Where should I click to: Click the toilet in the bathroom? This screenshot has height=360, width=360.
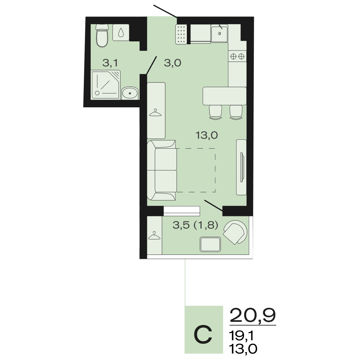[102, 35]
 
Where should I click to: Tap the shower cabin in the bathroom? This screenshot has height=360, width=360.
[106, 85]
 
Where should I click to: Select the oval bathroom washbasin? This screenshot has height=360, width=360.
[130, 93]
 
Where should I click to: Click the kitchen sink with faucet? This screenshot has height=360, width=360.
[219, 33]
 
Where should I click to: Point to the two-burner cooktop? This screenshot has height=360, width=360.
[237, 56]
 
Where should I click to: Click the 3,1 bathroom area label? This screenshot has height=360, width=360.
[110, 63]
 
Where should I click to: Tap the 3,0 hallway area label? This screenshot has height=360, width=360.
[172, 63]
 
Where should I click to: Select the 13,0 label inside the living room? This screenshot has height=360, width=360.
[207, 135]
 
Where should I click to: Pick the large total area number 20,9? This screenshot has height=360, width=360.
[253, 316]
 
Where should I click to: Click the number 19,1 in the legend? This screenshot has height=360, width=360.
[242, 336]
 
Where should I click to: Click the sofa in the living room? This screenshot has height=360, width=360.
[162, 170]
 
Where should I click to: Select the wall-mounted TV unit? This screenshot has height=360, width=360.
[241, 167]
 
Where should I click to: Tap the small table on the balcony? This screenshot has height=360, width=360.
[210, 244]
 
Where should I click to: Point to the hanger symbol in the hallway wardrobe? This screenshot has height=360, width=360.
[155, 112]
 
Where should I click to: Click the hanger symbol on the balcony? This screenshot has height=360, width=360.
[154, 235]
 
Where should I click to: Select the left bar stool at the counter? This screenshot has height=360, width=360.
[216, 112]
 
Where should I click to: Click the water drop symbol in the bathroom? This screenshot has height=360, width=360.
[121, 33]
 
